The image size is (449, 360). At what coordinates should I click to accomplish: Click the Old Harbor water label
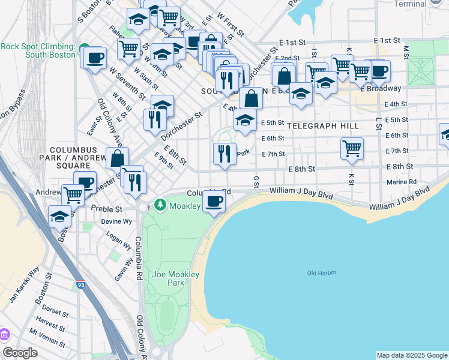(322, 273)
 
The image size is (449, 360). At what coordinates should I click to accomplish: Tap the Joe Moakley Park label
(168, 278)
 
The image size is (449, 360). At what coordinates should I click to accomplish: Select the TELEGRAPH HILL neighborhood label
(322, 126)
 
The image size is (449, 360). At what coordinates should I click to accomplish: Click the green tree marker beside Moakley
(160, 206)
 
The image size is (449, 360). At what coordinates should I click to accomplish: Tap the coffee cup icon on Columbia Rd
(213, 201)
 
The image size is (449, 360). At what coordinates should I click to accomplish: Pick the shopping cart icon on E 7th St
(352, 148)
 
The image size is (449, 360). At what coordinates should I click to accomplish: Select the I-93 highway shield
(80, 285)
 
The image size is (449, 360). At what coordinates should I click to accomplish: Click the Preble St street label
(106, 209)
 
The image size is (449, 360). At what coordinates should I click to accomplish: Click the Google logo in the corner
(20, 353)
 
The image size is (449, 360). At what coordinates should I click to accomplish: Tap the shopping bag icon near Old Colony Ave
(117, 158)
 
